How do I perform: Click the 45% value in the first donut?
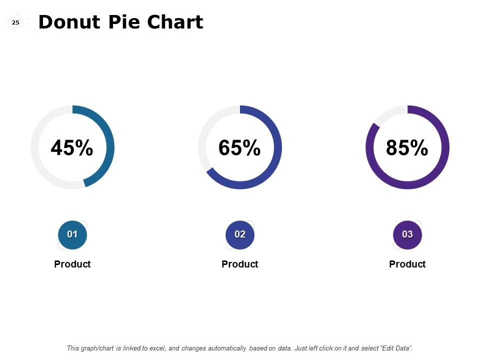[72, 148]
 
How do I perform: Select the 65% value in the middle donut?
[239, 148]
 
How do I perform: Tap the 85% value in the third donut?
[407, 148]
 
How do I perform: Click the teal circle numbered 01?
[72, 234]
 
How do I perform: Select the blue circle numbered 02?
[240, 234]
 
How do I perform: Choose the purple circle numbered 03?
[407, 234]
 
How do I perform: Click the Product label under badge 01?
[72, 264]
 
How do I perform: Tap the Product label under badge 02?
[240, 264]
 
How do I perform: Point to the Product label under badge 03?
[407, 264]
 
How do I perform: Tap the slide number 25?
[15, 22]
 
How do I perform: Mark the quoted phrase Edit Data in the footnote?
[396, 348]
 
